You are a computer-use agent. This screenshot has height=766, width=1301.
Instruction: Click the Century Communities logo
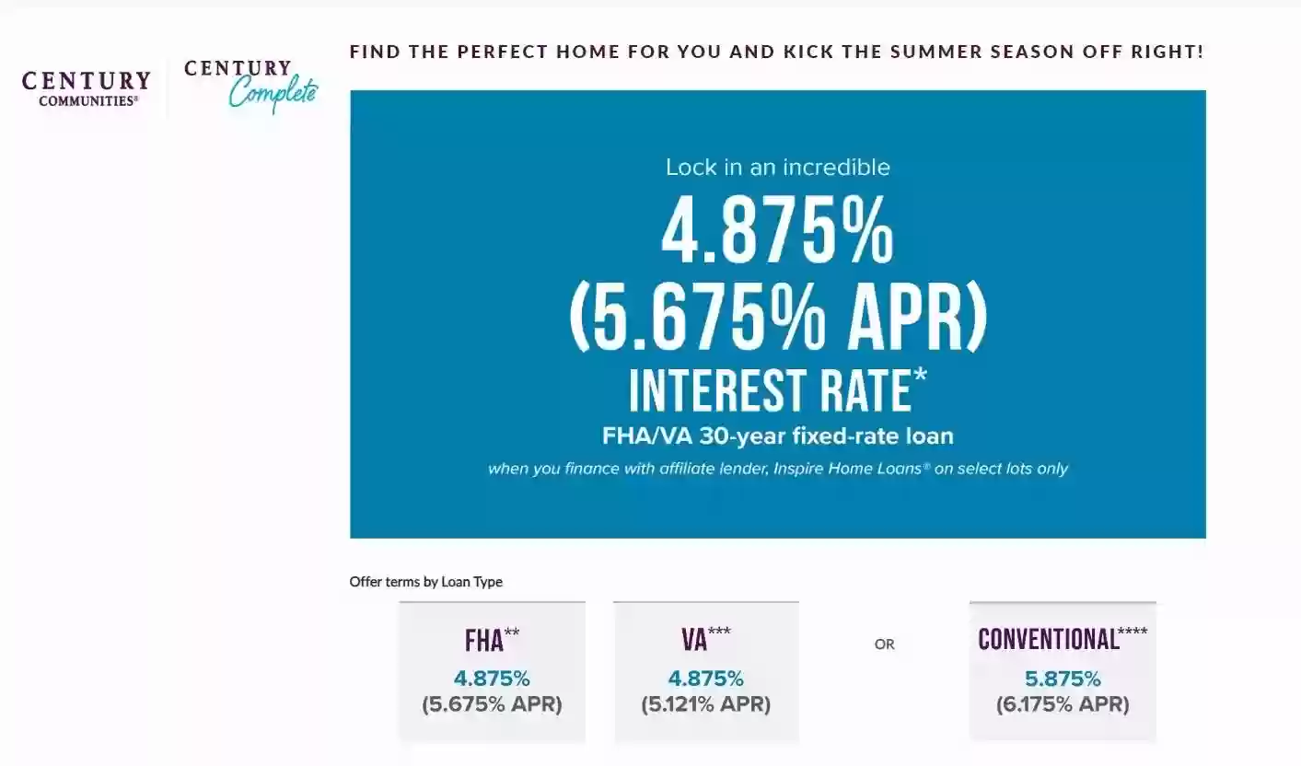87,89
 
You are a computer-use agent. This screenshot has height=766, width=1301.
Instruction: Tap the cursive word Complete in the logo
273,94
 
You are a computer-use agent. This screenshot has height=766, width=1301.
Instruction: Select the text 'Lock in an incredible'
778,168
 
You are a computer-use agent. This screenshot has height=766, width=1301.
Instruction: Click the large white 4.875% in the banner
778,229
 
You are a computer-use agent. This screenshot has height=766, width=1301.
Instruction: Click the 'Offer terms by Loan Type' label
425,581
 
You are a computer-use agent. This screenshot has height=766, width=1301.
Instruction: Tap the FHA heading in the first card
483,641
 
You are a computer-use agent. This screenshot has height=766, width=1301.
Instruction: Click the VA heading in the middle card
694,640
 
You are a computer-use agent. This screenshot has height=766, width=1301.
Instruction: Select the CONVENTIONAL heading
1049,639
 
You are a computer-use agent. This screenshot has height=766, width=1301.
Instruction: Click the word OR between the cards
885,644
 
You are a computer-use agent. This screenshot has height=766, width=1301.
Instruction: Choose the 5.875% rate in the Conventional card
1063,679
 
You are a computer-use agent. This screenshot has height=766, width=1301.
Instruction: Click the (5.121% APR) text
705,704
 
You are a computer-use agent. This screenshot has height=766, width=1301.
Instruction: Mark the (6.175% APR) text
1063,704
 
